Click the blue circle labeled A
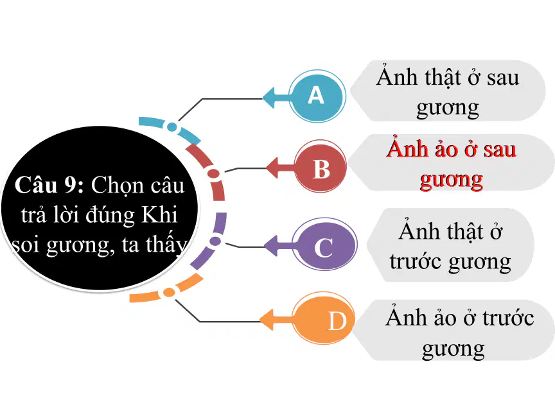[317, 96]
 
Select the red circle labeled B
[321, 167]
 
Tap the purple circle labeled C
[324, 244]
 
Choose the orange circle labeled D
[324, 321]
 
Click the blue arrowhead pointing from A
[269, 98]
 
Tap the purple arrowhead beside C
[271, 245]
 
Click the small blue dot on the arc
[172, 126]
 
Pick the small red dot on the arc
[213, 173]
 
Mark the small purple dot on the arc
[215, 241]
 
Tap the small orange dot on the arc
[169, 292]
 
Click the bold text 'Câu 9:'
[49, 185]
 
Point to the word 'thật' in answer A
[443, 78]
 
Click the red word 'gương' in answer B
[452, 180]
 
